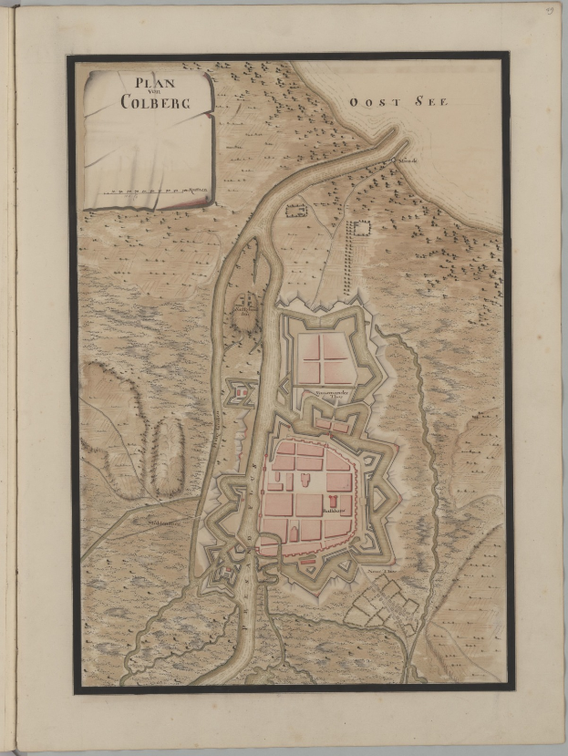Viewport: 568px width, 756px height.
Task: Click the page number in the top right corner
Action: pos(550,10)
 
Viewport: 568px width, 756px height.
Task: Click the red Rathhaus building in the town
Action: pos(334,502)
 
